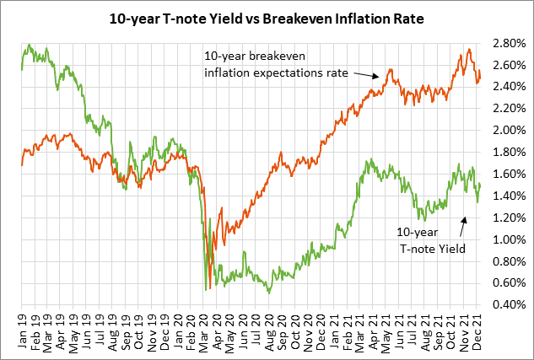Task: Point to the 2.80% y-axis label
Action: click(x=510, y=42)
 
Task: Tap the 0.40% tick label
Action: click(x=510, y=305)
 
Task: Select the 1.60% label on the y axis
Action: click(x=510, y=174)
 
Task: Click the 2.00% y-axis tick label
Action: click(x=510, y=130)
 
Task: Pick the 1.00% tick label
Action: click(x=510, y=239)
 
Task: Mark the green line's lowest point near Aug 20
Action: click(x=268, y=292)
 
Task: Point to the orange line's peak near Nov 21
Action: click(x=467, y=50)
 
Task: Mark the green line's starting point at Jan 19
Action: click(x=21, y=69)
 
